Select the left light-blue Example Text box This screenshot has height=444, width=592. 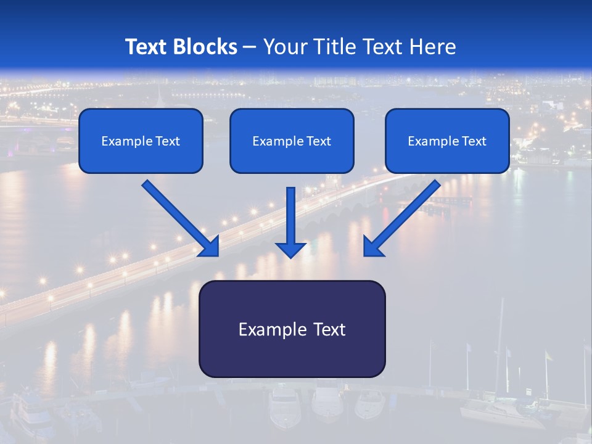click(141, 141)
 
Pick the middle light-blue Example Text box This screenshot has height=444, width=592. click(292, 141)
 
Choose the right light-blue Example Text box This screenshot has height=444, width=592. click(447, 141)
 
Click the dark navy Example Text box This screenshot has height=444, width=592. click(292, 329)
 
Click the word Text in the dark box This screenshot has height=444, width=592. click(327, 329)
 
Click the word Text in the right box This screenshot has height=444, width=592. click(474, 141)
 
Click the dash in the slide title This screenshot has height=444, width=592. click(250, 47)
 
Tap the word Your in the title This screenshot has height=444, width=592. click(285, 47)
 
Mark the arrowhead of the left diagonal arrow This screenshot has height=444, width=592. click(210, 247)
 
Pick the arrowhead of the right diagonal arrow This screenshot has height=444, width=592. click(372, 247)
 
